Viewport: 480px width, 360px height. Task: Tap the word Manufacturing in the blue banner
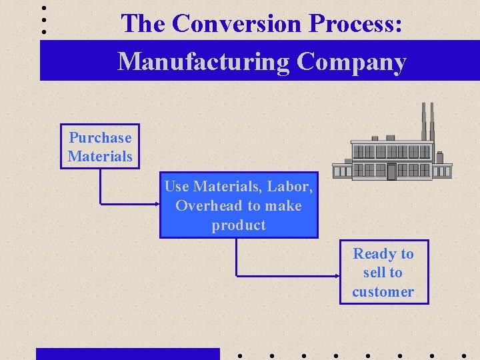pos(203,62)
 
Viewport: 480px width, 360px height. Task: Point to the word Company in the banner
pos(351,62)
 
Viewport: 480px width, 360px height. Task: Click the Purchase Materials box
pos(100,147)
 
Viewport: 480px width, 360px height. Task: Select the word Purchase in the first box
pos(100,138)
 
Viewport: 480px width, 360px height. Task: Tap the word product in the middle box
pos(239,225)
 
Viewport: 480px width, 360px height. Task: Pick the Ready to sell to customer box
pos(383,272)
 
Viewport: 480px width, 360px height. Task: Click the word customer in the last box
pos(383,291)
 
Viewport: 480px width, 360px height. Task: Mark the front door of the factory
pos(391,171)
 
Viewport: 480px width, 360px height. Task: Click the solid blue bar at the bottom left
pos(127,353)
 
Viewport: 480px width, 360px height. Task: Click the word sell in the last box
pos(373,273)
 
